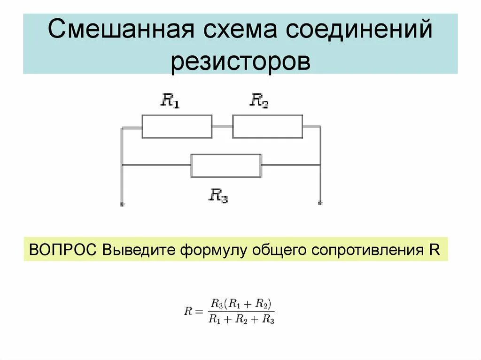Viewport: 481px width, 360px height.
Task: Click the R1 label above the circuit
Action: point(170,100)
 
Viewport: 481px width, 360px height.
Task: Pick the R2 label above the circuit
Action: point(259,100)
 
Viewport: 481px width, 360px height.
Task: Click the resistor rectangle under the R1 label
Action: point(177,126)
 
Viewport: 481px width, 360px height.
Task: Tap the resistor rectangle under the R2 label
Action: point(267,126)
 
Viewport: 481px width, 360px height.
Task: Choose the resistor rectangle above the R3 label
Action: point(226,165)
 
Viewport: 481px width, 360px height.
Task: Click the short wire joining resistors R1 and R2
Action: point(222,126)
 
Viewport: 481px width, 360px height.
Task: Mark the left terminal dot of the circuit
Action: point(122,204)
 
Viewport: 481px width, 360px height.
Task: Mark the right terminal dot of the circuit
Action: point(320,203)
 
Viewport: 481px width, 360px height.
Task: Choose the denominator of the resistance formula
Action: point(241,320)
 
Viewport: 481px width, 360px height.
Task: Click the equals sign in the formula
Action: point(199,311)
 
